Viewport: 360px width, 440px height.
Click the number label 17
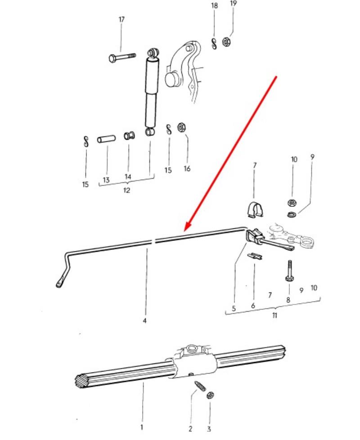coord(121,19)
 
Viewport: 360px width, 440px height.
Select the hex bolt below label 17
coord(122,57)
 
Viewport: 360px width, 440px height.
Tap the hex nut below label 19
coord(226,42)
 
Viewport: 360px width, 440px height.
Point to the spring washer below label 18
coord(214,43)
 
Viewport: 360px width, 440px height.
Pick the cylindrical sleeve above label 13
coord(106,139)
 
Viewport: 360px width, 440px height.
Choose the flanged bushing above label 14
coord(129,136)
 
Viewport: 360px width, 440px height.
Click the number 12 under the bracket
coord(126,190)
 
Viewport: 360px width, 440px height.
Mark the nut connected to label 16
coord(181,127)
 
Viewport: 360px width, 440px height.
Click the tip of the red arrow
coord(185,231)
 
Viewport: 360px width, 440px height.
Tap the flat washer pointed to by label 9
coord(292,215)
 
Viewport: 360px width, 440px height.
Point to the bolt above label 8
coord(290,271)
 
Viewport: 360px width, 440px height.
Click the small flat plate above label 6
coord(255,256)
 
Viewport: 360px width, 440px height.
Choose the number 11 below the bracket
coord(274,315)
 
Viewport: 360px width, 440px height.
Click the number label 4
coord(144,321)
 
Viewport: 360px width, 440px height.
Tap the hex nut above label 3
coord(210,396)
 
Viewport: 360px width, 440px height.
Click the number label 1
coord(142,427)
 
